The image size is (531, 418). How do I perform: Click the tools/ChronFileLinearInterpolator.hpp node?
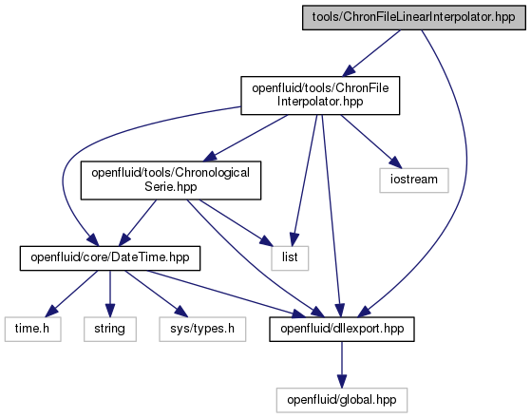pyautogui.click(x=414, y=18)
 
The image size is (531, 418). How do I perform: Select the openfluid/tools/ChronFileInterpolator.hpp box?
pyautogui.click(x=320, y=96)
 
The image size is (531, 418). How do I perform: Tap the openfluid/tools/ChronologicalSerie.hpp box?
pyautogui.click(x=171, y=180)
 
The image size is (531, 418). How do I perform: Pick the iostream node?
pyautogui.click(x=414, y=180)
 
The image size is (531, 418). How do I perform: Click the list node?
pyautogui.click(x=290, y=258)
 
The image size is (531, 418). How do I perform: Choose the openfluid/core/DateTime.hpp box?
pyautogui.click(x=110, y=258)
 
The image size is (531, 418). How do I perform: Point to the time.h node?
pyautogui.click(x=33, y=329)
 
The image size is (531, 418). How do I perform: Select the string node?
pyautogui.click(x=110, y=329)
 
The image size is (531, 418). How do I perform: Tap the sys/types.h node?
pyautogui.click(x=202, y=329)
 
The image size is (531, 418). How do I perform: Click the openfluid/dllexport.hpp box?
pyautogui.click(x=342, y=329)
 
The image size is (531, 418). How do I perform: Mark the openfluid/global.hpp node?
pyautogui.click(x=342, y=400)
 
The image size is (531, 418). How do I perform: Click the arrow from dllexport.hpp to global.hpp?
pyautogui.click(x=342, y=365)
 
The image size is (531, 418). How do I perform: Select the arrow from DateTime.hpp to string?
pyautogui.click(x=110, y=294)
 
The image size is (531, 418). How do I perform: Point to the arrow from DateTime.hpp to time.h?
pyautogui.click(x=72, y=294)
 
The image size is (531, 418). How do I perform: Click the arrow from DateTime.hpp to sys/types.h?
pyautogui.click(x=156, y=294)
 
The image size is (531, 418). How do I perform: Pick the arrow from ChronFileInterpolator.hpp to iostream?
pyautogui.click(x=371, y=142)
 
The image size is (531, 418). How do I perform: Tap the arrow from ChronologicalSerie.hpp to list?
pyautogui.click(x=236, y=222)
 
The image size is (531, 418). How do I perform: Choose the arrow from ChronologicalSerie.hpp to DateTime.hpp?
pyautogui.click(x=137, y=222)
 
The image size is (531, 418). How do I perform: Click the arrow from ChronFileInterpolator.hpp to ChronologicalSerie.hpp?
pyautogui.click(x=245, y=138)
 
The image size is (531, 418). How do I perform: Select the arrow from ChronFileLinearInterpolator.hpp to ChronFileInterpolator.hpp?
pyautogui.click(x=370, y=53)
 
